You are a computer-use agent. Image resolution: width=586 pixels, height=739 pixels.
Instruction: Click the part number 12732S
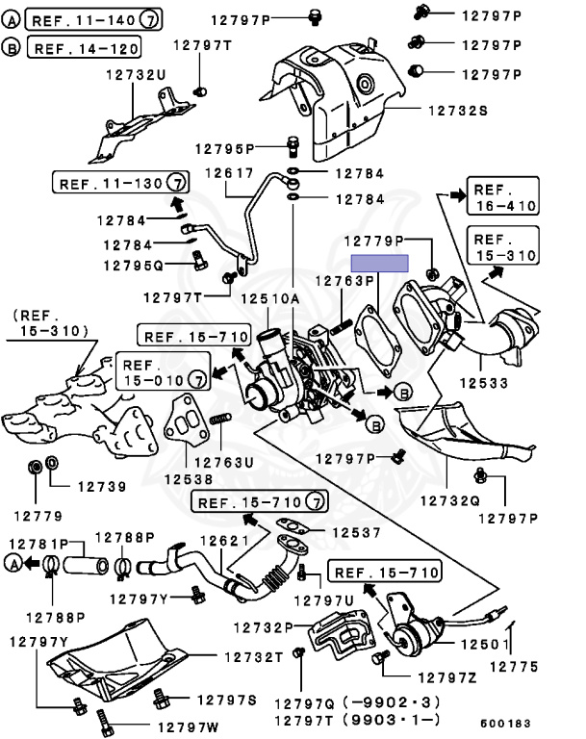click(457, 111)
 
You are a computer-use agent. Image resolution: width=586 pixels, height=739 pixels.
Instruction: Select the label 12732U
click(136, 75)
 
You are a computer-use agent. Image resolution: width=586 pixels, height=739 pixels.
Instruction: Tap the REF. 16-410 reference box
click(503, 196)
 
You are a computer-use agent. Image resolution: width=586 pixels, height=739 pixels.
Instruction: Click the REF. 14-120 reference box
click(84, 47)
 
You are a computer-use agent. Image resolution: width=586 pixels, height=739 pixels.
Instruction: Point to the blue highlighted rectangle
click(379, 264)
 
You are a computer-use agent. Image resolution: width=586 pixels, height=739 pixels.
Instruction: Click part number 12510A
click(270, 299)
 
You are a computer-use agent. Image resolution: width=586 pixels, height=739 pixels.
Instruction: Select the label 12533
click(484, 383)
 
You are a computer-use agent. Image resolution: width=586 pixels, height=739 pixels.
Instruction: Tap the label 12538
click(188, 479)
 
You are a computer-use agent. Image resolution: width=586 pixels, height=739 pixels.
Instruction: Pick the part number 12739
click(102, 486)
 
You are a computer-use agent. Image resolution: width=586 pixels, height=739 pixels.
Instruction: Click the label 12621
click(224, 541)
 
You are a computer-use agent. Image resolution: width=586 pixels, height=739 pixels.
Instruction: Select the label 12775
click(514, 667)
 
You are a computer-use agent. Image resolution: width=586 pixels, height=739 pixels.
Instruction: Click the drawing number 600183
click(505, 723)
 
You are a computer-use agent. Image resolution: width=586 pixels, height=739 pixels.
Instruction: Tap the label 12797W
click(188, 727)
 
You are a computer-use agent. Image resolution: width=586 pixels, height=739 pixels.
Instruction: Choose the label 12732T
click(254, 657)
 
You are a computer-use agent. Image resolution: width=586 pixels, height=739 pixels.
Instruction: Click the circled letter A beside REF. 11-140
click(11, 20)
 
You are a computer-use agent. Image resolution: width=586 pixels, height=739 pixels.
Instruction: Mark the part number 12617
click(230, 173)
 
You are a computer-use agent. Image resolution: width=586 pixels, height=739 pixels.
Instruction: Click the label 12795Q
click(134, 266)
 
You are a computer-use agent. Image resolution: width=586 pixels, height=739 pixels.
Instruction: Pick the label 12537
click(356, 532)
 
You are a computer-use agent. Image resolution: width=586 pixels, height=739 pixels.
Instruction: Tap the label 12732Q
click(449, 500)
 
